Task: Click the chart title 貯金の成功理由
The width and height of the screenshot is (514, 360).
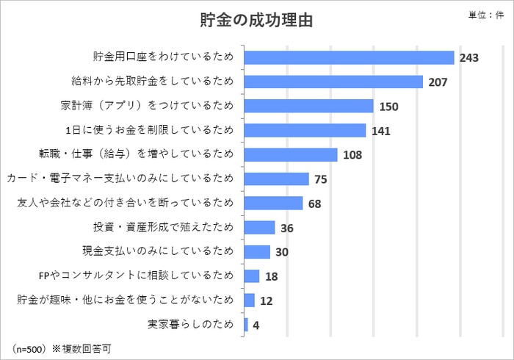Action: [256, 21]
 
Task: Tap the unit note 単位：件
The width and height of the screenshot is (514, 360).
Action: [485, 15]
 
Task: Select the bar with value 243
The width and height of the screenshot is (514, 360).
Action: [349, 57]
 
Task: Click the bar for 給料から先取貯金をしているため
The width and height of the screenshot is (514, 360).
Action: [333, 82]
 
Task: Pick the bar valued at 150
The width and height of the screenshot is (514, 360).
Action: [308, 106]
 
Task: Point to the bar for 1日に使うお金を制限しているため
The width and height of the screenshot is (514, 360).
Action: [305, 130]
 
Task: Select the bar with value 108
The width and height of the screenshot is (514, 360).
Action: [290, 154]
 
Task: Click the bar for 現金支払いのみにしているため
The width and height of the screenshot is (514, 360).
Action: [257, 251]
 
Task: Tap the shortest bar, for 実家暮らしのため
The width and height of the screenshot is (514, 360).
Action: [246, 324]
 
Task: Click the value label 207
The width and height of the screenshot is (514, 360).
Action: [438, 82]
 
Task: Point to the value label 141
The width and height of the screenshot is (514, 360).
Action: [380, 131]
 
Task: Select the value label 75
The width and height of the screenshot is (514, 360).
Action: [320, 179]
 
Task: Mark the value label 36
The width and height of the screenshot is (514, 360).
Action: [287, 228]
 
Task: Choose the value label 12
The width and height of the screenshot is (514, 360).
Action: [266, 300]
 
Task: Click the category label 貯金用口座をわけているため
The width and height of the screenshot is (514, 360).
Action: [163, 57]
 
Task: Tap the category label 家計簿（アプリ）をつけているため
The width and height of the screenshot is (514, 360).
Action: [146, 106]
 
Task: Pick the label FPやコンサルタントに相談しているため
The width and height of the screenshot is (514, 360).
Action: [136, 276]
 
